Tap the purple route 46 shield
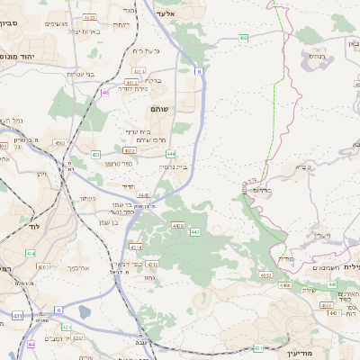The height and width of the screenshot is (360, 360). pos(105,92)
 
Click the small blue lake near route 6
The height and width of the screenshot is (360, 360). pos(85,311)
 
